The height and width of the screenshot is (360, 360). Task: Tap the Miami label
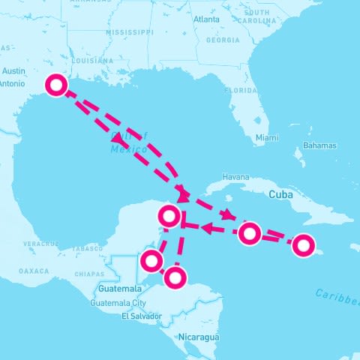[x=265, y=138]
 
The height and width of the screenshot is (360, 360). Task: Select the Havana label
[x=235, y=177]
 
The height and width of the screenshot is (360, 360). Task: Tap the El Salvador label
[x=141, y=316]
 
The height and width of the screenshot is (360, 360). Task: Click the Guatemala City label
[x=118, y=303]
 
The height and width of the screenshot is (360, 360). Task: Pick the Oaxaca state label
[x=34, y=270]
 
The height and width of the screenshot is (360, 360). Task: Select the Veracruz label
[x=40, y=244]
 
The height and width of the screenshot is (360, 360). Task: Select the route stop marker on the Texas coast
[x=55, y=85]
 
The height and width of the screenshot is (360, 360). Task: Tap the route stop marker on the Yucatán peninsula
[x=170, y=217]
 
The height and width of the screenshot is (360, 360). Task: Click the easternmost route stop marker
[x=303, y=244]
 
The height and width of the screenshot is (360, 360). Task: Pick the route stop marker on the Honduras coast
[x=175, y=277]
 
